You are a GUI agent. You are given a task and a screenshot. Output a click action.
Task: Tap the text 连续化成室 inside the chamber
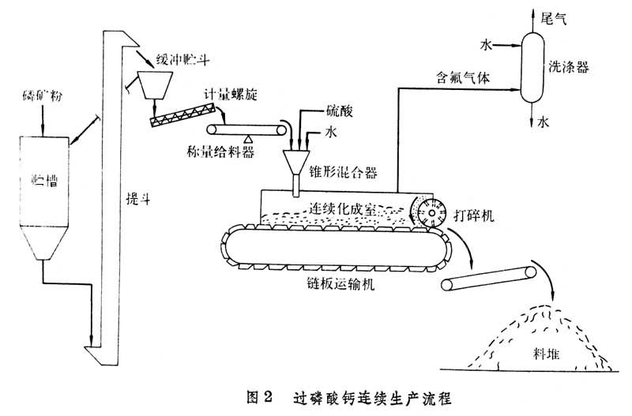[345, 208]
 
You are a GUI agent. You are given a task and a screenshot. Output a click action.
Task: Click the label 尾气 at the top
[550, 15]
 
